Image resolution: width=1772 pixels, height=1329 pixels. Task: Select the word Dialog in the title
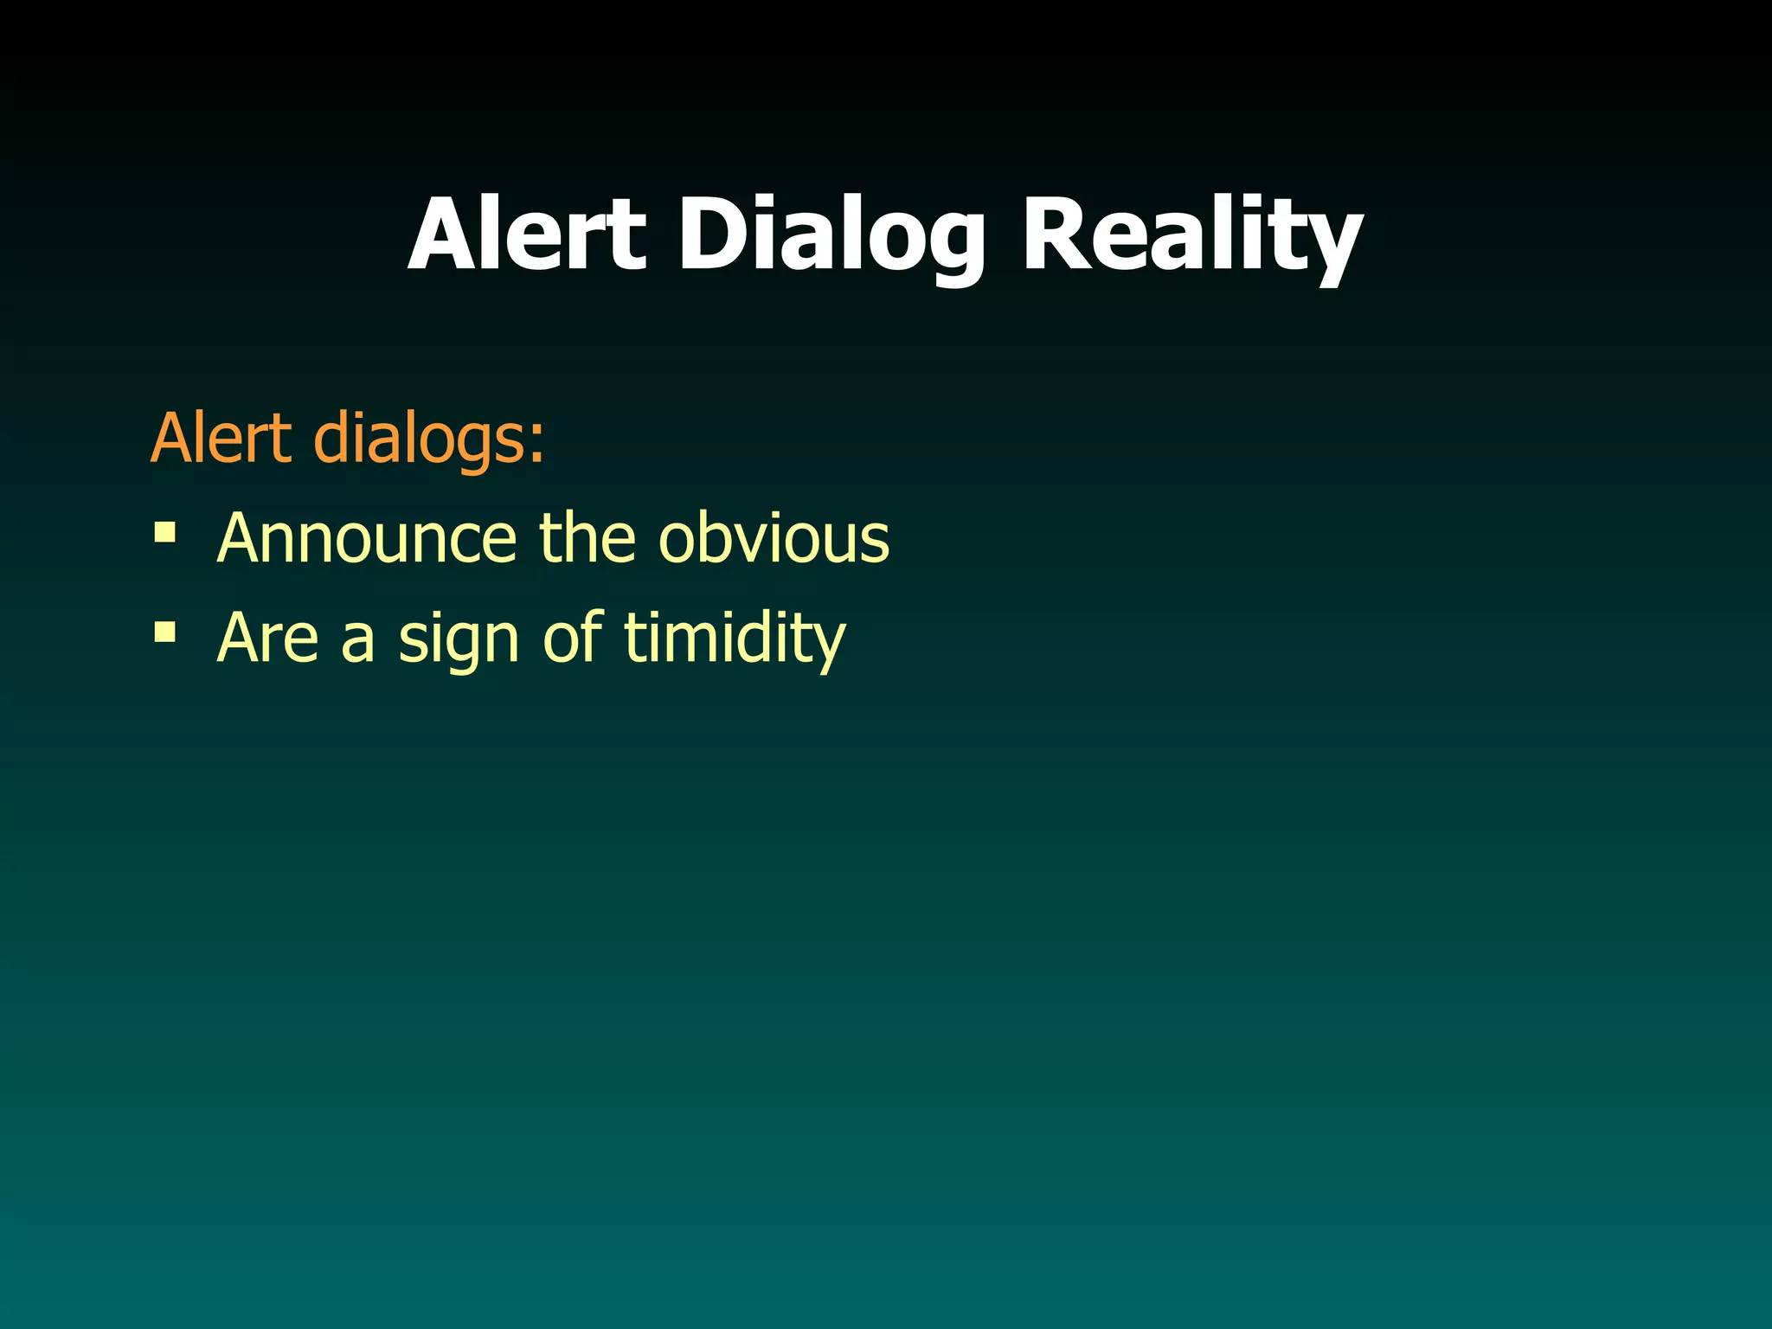[831, 235]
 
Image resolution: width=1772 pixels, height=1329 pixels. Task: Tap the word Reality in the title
[1191, 235]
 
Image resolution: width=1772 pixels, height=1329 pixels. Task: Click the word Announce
[367, 538]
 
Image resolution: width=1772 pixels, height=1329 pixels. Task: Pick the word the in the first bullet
[587, 538]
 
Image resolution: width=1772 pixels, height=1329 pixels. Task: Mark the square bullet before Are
[164, 632]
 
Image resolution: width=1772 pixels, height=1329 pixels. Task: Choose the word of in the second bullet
[572, 637]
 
